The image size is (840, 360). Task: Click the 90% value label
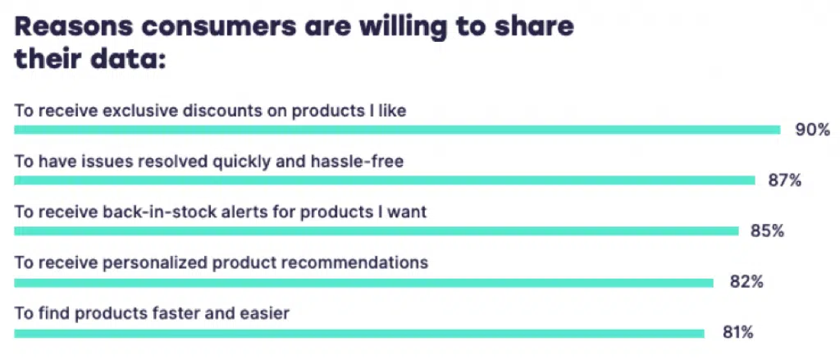click(x=812, y=130)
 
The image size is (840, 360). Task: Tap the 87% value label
click(x=785, y=180)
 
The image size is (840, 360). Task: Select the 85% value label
click(x=768, y=231)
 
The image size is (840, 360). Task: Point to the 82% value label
click(x=746, y=282)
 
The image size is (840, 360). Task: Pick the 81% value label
click(x=737, y=333)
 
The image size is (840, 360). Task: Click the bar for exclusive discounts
click(x=397, y=130)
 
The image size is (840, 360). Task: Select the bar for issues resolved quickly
click(x=384, y=180)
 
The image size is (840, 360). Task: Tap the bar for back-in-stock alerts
click(x=376, y=231)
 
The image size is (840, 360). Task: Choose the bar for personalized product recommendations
click(x=363, y=282)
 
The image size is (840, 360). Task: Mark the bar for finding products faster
click(x=359, y=333)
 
